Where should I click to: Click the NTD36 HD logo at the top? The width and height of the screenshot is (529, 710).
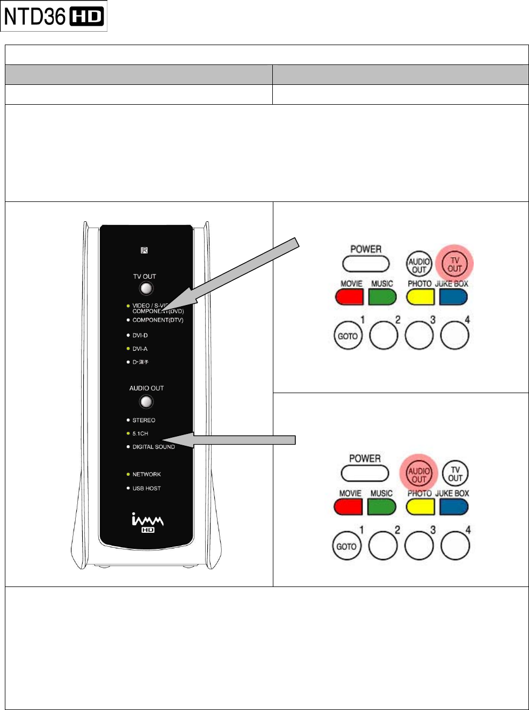click(x=54, y=17)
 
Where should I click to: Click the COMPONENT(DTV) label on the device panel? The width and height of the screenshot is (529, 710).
click(x=158, y=320)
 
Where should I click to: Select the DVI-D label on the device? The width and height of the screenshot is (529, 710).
click(x=140, y=335)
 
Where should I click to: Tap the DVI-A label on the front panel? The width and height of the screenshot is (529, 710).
click(x=140, y=349)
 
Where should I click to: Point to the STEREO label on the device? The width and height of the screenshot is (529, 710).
click(x=144, y=421)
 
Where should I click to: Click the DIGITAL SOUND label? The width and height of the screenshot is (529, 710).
click(x=154, y=447)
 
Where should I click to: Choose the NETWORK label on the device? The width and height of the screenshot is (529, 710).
click(x=147, y=474)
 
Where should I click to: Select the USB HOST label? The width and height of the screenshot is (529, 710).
click(x=147, y=488)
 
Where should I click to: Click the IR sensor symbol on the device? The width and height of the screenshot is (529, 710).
click(x=144, y=250)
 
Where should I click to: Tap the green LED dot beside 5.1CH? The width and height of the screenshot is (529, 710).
click(x=128, y=433)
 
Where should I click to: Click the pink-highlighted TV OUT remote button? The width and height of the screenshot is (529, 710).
click(x=454, y=264)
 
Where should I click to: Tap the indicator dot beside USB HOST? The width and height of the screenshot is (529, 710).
click(x=128, y=488)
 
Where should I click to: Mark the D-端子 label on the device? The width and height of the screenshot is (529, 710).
click(x=141, y=362)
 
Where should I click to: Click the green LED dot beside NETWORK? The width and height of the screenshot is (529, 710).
click(x=128, y=474)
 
